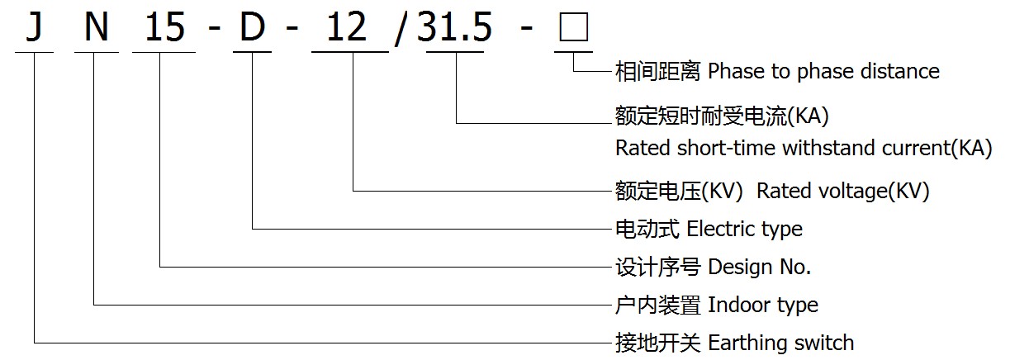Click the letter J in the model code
click(x=34, y=27)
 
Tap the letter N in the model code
click(x=97, y=26)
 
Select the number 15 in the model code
click(x=165, y=26)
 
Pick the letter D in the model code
click(x=252, y=26)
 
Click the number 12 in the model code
click(x=347, y=26)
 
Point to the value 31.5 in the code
click(x=454, y=27)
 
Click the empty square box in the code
click(x=574, y=27)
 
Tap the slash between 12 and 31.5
click(x=400, y=30)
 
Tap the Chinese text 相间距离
click(x=658, y=72)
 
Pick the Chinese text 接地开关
click(x=658, y=343)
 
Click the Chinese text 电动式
click(x=647, y=229)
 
